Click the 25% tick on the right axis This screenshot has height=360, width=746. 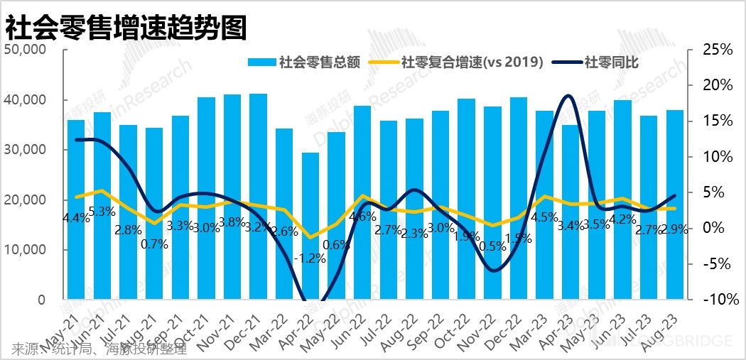pyautogui.click(x=717, y=50)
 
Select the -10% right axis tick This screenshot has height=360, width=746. pyautogui.click(x=715, y=300)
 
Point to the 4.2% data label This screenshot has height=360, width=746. pyautogui.click(x=623, y=218)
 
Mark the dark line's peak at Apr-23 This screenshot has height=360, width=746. pyautogui.click(x=568, y=95)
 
